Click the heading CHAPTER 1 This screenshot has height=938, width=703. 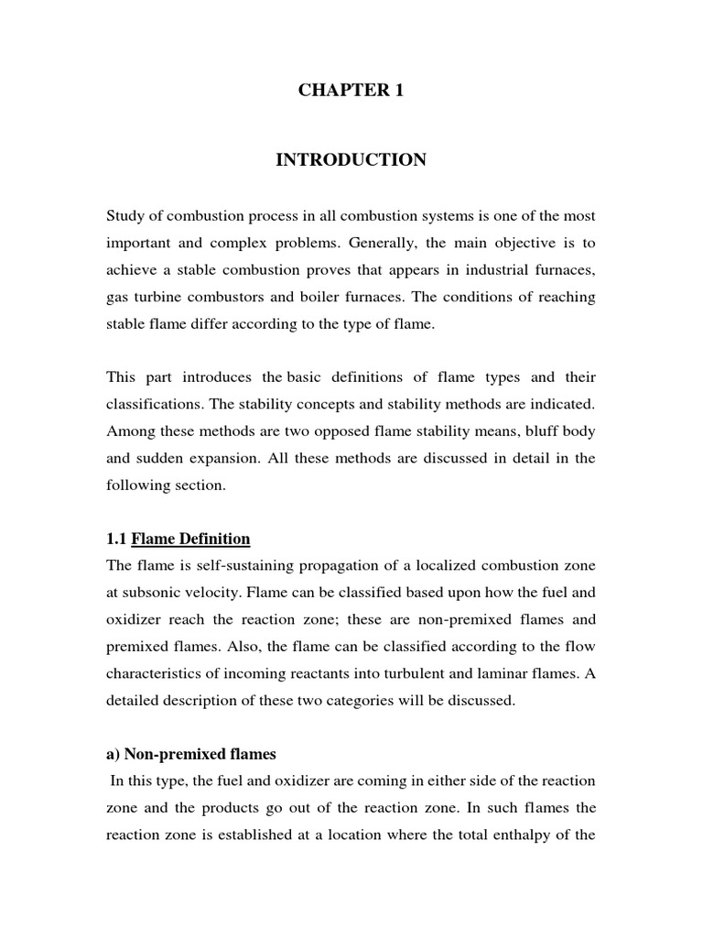[351, 91]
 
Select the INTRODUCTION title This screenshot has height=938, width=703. [351, 160]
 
